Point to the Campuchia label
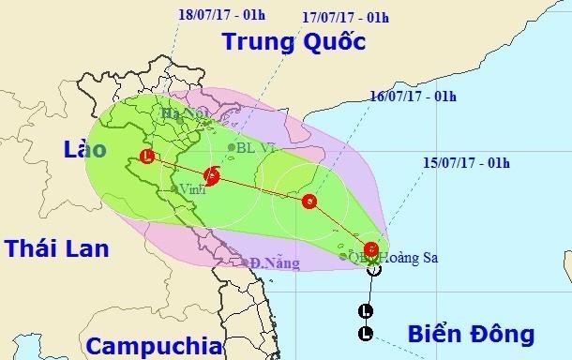150,338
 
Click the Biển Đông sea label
472,334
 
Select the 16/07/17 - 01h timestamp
407,96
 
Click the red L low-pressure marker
146,157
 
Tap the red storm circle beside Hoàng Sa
372,249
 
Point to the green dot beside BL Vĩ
232,147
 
